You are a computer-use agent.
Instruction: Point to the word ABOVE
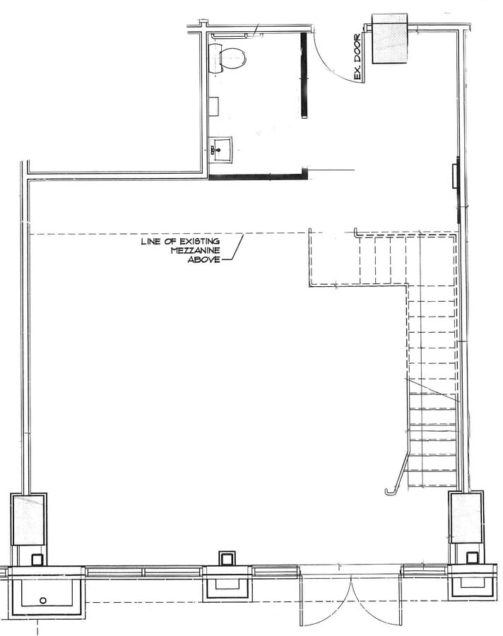coord(203,260)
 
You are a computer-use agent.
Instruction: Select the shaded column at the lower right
coord(466,517)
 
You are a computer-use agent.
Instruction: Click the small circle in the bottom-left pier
coord(42,600)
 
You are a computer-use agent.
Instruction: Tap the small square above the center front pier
coord(227,559)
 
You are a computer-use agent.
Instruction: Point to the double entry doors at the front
coord(352,601)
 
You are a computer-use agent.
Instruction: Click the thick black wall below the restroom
coord(257,175)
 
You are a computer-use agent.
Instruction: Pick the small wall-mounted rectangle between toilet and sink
coord(213,106)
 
